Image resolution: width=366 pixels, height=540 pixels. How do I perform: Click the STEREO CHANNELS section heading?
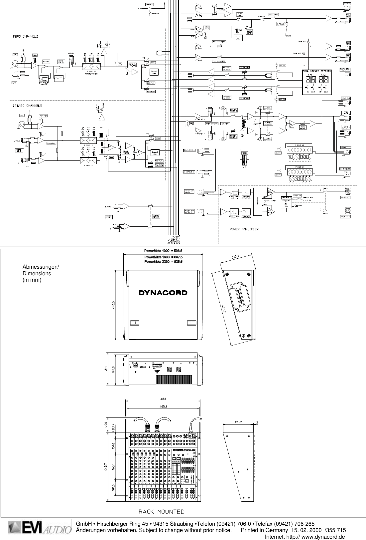click(x=28, y=106)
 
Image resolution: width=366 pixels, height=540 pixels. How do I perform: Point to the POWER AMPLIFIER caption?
click(x=244, y=229)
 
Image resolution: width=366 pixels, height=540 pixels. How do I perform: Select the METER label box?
click(x=244, y=153)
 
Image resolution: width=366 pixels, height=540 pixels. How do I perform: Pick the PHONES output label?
click(x=346, y=4)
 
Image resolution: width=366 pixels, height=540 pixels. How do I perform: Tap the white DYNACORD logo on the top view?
click(x=163, y=293)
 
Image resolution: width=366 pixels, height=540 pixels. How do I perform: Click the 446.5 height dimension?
click(x=113, y=306)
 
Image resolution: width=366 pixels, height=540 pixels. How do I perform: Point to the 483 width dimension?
click(x=163, y=399)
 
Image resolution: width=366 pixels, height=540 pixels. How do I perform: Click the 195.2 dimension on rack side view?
click(x=238, y=422)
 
